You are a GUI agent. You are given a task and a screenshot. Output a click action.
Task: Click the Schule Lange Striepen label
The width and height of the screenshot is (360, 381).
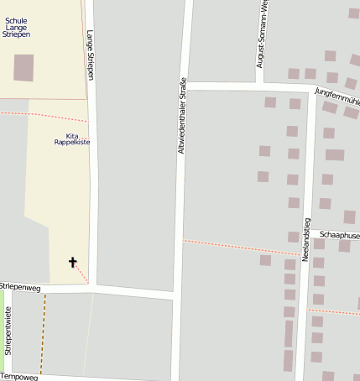[17, 27]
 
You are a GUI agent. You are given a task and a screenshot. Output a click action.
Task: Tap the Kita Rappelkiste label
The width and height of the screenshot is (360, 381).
[72, 139]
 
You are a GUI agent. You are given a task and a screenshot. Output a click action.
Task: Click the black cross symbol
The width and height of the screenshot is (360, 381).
[73, 263]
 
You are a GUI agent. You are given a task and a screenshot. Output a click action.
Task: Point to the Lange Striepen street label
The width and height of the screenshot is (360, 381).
[90, 55]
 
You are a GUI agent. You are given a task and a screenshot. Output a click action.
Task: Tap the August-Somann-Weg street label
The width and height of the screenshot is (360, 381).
[263, 34]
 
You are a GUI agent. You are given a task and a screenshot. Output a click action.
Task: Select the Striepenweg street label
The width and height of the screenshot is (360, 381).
[20, 287]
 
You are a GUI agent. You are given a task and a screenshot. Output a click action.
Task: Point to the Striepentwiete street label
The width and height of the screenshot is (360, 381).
[8, 331]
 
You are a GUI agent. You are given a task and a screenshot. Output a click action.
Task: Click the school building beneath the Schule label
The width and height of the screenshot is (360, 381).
[23, 67]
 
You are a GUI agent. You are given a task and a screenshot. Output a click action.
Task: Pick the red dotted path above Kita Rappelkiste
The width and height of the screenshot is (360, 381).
[42, 115]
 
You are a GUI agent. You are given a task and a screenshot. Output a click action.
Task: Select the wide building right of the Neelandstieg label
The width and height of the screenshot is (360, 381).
[335, 154]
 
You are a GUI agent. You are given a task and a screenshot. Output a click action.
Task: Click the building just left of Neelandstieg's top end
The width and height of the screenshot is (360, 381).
[295, 104]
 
